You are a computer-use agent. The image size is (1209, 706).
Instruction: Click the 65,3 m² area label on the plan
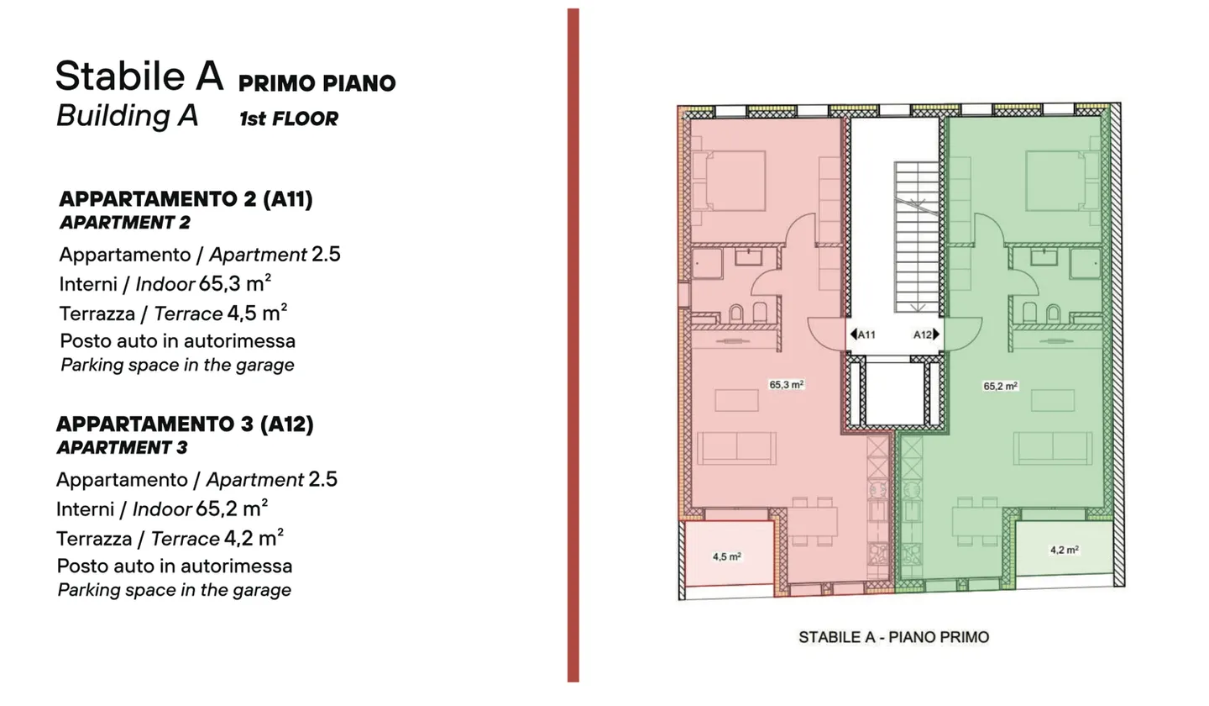click(x=787, y=385)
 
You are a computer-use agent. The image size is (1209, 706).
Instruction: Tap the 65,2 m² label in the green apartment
click(x=1000, y=387)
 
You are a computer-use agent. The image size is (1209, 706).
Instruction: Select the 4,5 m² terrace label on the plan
click(x=726, y=556)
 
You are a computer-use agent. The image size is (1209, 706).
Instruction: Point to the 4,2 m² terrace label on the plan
click(x=1064, y=550)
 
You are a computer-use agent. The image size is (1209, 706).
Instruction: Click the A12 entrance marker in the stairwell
click(x=926, y=335)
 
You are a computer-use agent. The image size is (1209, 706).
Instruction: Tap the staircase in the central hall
click(x=917, y=238)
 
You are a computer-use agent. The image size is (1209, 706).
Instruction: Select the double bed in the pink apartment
click(x=729, y=181)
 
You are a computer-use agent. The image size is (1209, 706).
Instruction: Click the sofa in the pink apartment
click(x=736, y=448)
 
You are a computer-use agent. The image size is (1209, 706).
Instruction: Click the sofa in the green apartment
click(x=1053, y=448)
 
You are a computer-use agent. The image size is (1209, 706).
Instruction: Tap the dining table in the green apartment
click(x=976, y=521)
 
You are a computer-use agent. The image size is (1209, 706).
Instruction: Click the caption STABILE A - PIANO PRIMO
click(x=894, y=637)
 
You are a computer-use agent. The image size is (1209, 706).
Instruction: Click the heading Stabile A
click(x=139, y=76)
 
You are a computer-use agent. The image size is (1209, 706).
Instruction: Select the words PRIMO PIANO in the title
click(x=317, y=83)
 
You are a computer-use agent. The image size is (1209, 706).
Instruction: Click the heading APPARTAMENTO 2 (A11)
click(x=186, y=199)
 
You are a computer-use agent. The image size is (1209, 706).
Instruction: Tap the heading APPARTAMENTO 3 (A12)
click(x=185, y=424)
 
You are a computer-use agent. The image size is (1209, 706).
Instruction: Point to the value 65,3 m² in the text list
click(x=235, y=283)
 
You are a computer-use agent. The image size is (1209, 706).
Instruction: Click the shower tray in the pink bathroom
click(x=707, y=263)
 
